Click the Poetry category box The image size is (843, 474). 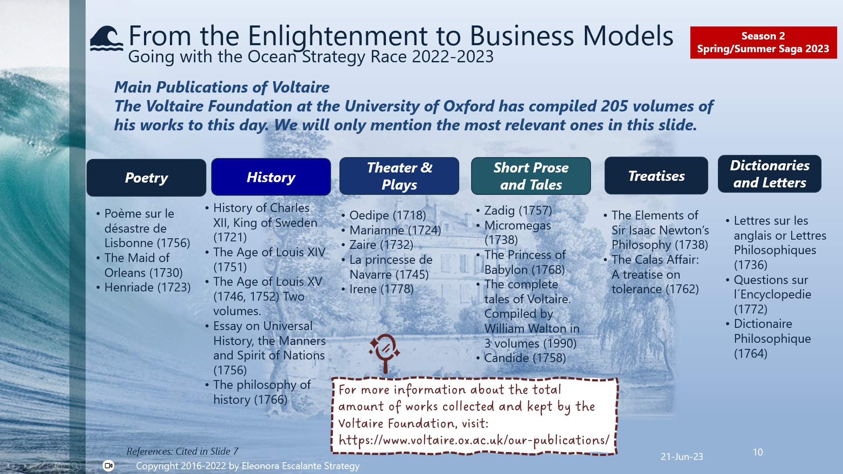coord(146,178)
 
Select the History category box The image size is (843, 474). coord(271,177)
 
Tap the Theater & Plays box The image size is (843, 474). coord(399,176)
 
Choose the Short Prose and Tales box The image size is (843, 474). coord(531,176)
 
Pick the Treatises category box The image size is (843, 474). coord(656,176)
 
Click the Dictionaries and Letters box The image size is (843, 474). coord(769,174)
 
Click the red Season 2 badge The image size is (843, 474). coord(763,43)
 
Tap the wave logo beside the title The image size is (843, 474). coord(106,39)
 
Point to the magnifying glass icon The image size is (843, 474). coord(385,351)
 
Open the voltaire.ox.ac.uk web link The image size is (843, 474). coord(474,440)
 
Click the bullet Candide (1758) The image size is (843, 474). coord(525,358)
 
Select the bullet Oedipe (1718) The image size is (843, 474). coord(387,215)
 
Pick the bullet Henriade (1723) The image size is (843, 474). coord(147,287)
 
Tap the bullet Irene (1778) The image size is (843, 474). coord(381,289)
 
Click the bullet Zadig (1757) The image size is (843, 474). coord(518,211)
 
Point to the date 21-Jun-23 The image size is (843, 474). coord(681,456)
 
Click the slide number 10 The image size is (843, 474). coord(757,452)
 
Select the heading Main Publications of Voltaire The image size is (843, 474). coord(222,87)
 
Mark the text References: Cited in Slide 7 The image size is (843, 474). coord(182,451)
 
